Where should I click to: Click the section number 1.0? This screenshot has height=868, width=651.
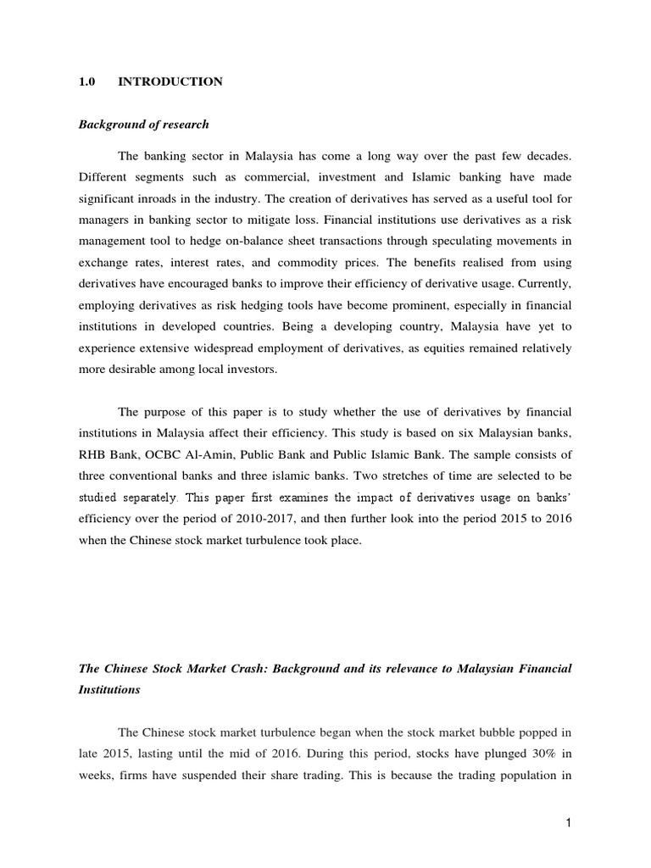point(86,81)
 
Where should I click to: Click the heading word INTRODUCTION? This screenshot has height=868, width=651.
point(170,81)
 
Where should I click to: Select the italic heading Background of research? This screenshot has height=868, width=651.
point(143,124)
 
